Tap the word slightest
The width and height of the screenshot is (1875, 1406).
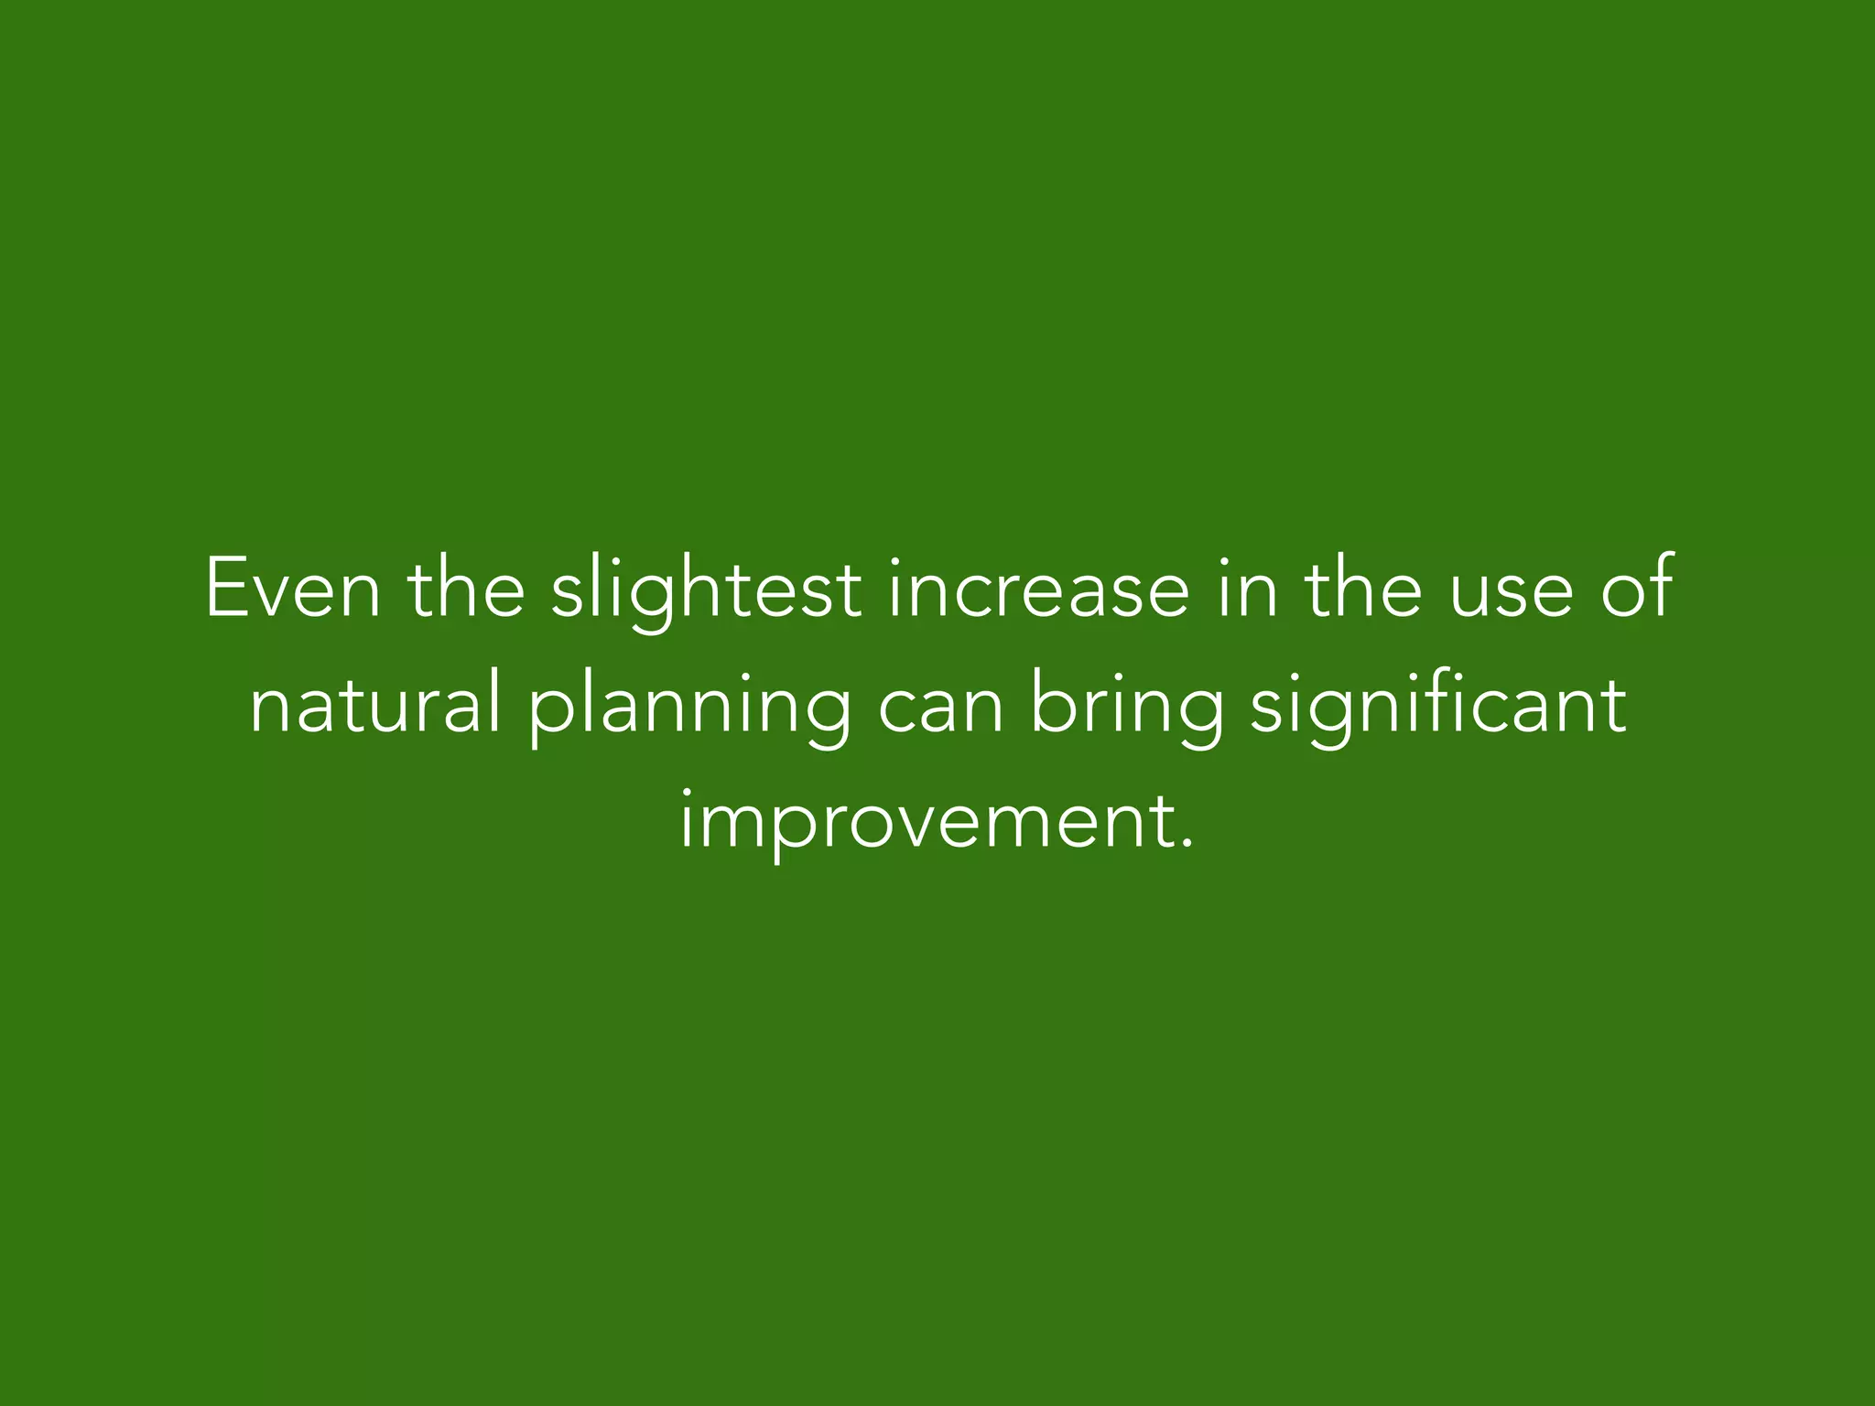point(706,589)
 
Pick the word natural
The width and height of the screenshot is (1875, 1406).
point(376,706)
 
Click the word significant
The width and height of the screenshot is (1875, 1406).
point(1438,706)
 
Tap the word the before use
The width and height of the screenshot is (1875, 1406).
point(1364,589)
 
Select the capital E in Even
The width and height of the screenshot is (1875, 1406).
point(222,589)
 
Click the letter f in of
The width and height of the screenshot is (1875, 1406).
point(1661,587)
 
